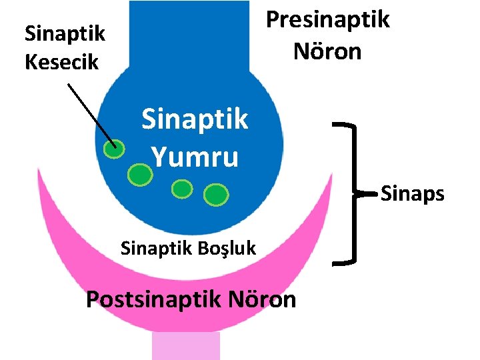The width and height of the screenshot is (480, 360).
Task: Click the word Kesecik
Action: pyautogui.click(x=61, y=62)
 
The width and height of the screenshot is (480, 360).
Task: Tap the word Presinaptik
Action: pyautogui.click(x=327, y=20)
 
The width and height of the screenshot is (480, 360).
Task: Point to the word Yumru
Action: pyautogui.click(x=194, y=157)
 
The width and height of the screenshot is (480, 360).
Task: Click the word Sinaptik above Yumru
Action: pyautogui.click(x=194, y=120)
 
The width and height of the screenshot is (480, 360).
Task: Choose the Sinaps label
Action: pyautogui.click(x=412, y=193)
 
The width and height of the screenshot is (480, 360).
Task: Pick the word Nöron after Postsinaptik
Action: pyautogui.click(x=263, y=299)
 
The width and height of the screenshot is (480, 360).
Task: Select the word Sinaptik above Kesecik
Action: pyautogui.click(x=64, y=33)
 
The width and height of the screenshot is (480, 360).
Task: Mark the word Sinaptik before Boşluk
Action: pyautogui.click(x=156, y=248)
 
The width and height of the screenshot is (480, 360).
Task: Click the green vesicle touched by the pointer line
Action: pyautogui.click(x=115, y=149)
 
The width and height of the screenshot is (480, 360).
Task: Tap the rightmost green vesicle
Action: pyautogui.click(x=215, y=195)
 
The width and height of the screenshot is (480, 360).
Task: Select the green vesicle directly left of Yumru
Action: pyautogui.click(x=139, y=175)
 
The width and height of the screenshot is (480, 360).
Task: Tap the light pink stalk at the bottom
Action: pyautogui.click(x=176, y=347)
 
